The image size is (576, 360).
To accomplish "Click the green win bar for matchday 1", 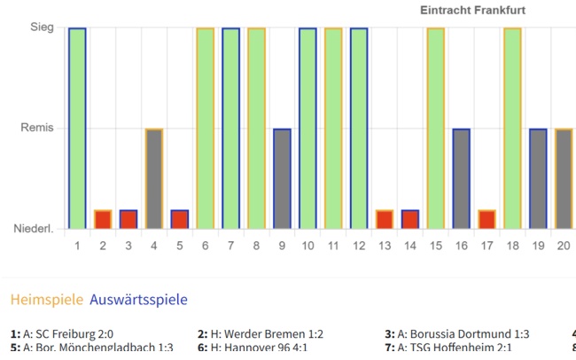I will (x=77, y=129).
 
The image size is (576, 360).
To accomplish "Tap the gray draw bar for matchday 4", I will (x=154, y=180).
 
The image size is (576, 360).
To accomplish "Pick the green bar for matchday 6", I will (x=205, y=129).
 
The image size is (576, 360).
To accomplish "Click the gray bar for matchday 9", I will (x=282, y=180).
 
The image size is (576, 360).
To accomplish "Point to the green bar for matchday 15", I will (x=435, y=129).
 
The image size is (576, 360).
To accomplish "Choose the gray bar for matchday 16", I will (x=461, y=180).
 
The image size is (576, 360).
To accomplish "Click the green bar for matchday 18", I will (x=512, y=129).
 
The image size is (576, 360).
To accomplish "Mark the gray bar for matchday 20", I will (x=564, y=180).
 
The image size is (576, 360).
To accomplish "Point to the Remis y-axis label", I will (x=37, y=129).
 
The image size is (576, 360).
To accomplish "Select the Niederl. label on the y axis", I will (x=34, y=230).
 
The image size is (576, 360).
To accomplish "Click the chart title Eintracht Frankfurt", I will (x=473, y=10).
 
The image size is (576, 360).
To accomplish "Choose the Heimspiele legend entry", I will (x=47, y=299).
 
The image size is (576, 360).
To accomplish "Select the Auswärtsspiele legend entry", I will (x=138, y=299).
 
